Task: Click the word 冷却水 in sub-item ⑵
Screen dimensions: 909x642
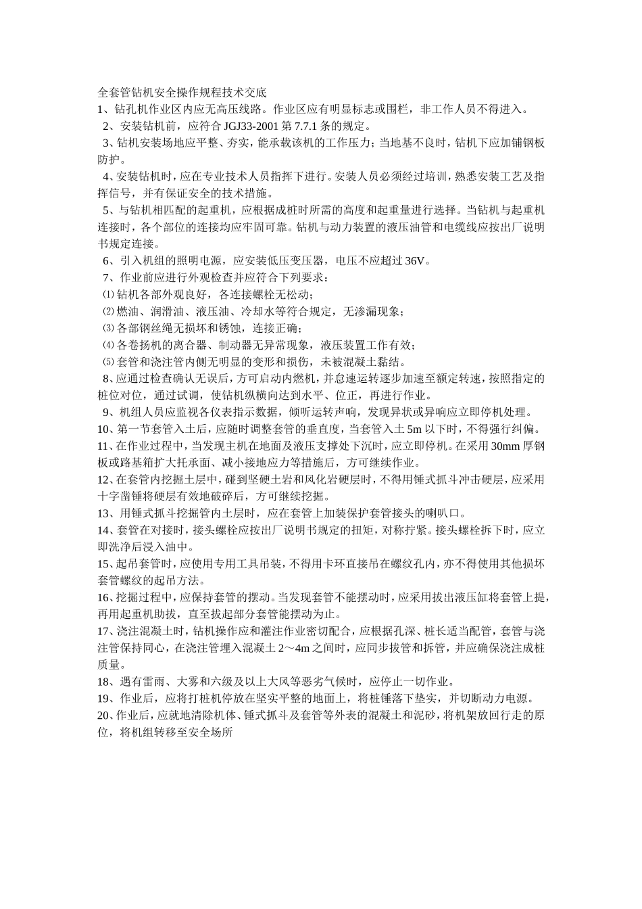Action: click(x=256, y=311)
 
